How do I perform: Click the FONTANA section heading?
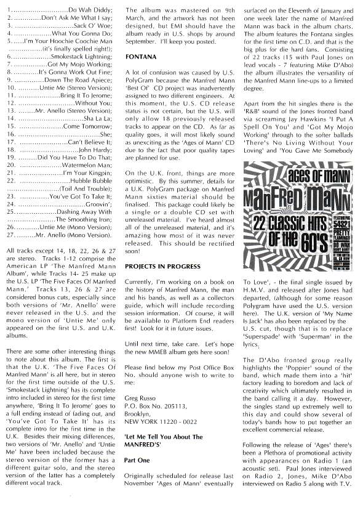click(139, 56)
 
